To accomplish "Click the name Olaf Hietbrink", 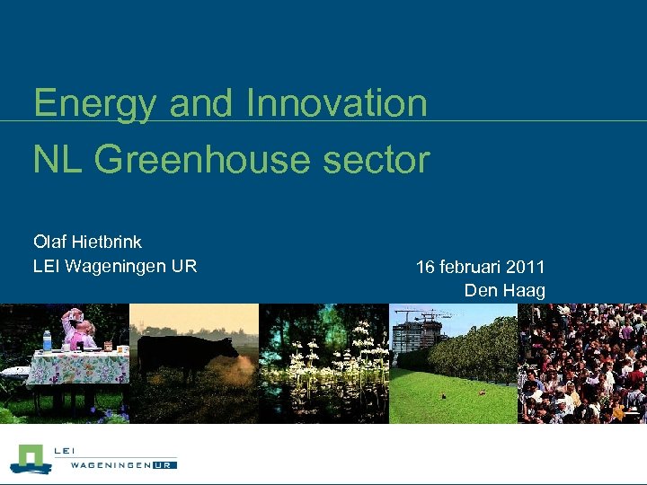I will click(x=87, y=242).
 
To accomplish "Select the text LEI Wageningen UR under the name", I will click(x=115, y=266).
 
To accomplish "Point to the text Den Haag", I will click(x=504, y=290).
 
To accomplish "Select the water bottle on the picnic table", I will click(x=47, y=340).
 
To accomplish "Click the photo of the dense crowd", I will click(x=582, y=363).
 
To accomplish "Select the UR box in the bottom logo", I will click(x=164, y=465).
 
